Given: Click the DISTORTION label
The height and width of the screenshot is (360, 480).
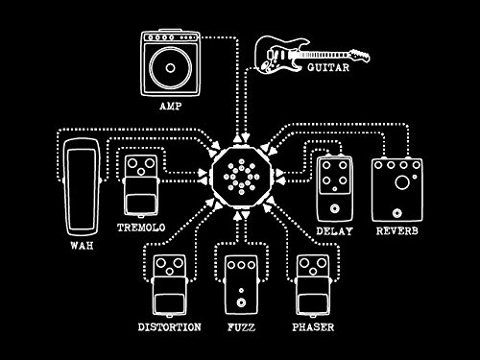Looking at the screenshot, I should (170, 327).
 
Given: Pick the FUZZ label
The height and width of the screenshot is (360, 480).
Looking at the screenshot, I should (240, 327).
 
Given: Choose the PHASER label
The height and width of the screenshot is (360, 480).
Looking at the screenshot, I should (314, 327).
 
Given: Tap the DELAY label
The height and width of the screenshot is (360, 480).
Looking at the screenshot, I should (336, 230).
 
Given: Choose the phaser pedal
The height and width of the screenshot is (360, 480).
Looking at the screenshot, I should (314, 283).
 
